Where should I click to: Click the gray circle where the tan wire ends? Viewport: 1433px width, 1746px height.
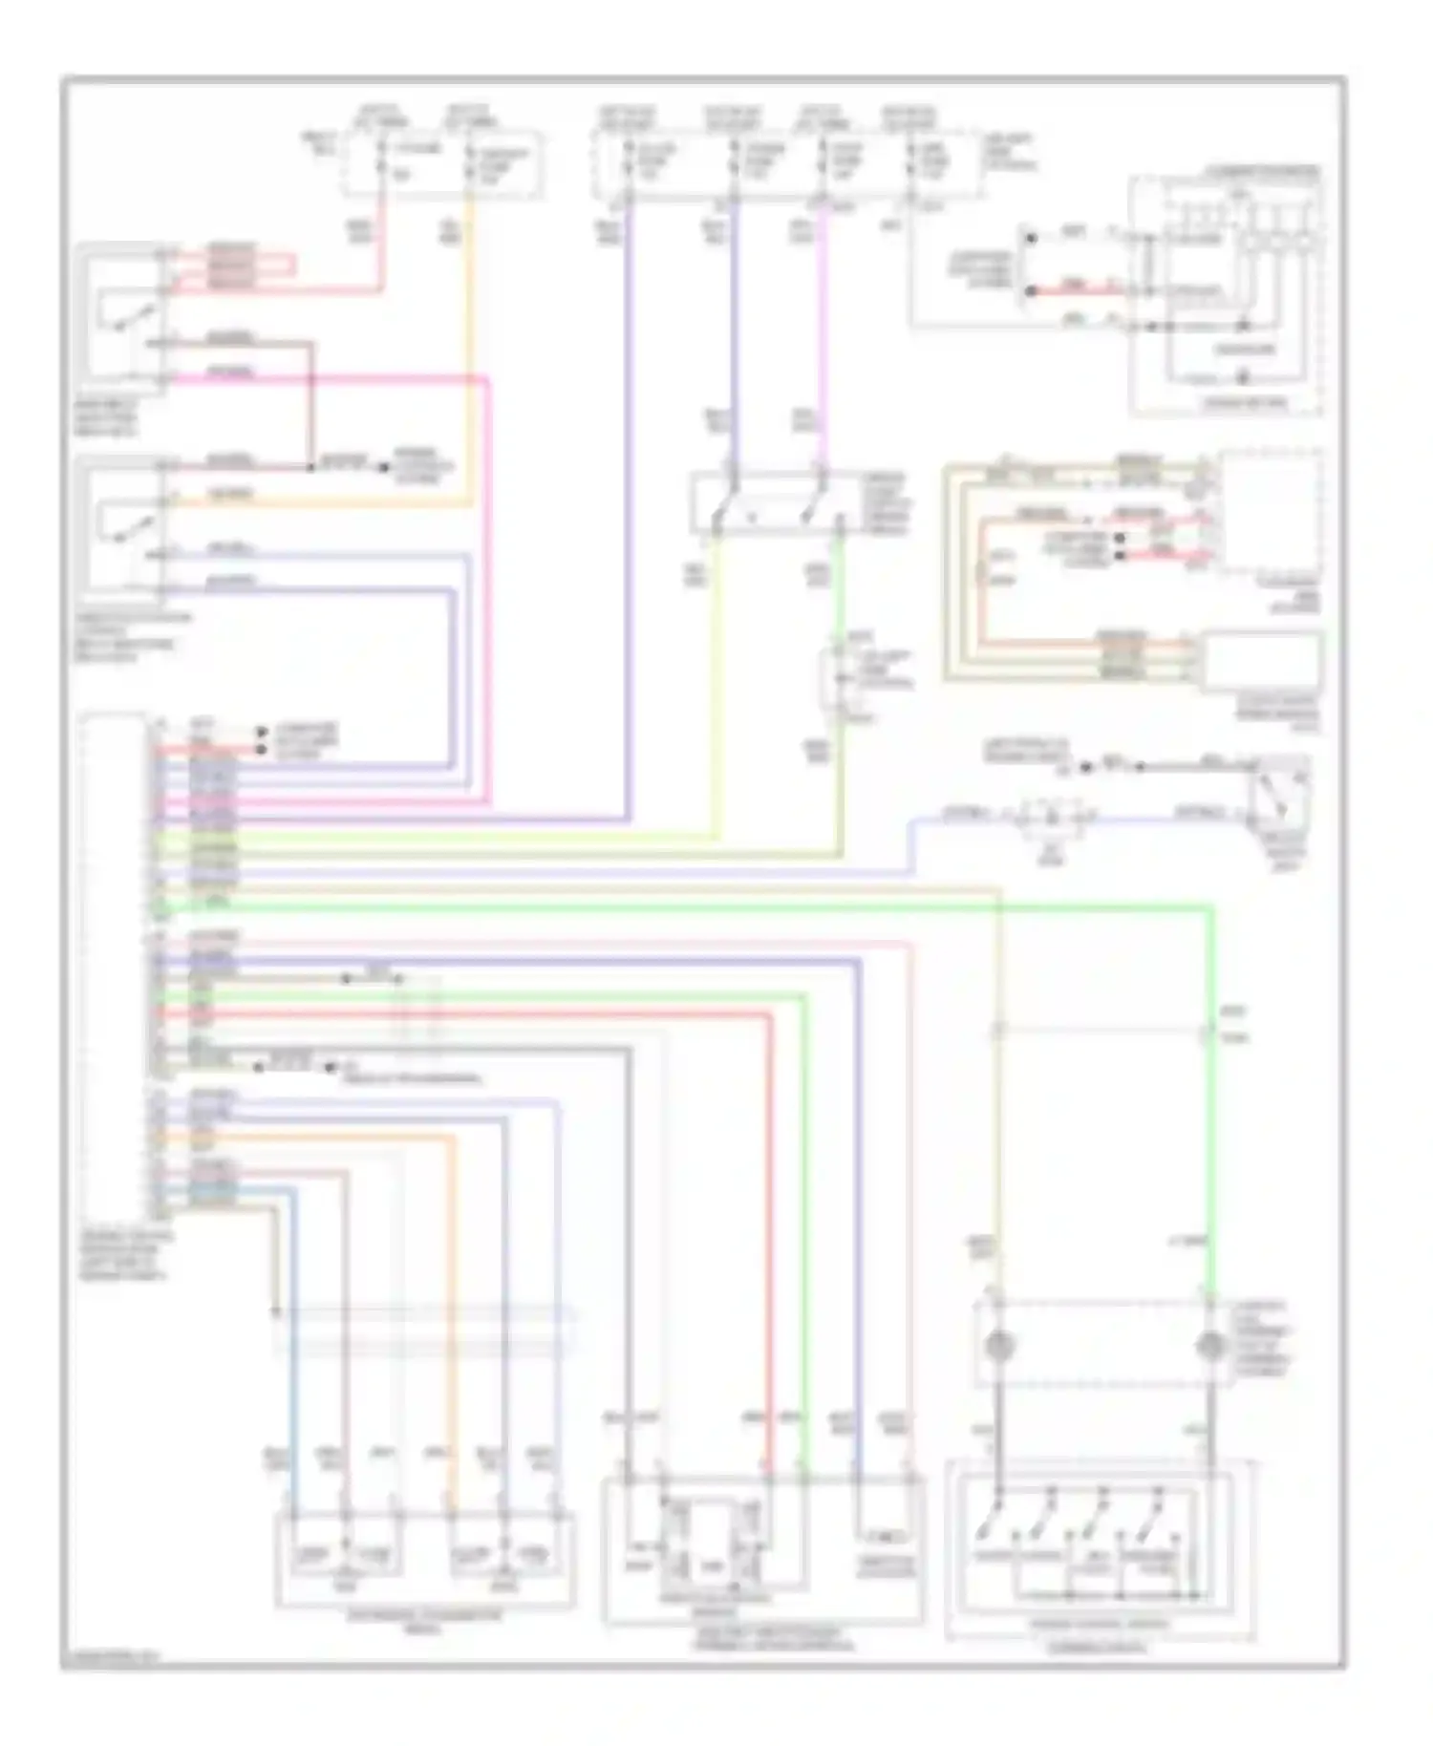coord(997,1346)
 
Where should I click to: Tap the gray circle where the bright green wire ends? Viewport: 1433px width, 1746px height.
coord(1210,1346)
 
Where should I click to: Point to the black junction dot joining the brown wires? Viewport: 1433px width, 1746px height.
coord(310,468)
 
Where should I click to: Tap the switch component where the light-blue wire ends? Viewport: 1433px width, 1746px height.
coord(1280,793)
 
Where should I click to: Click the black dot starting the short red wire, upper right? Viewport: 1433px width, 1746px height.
coord(1030,290)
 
